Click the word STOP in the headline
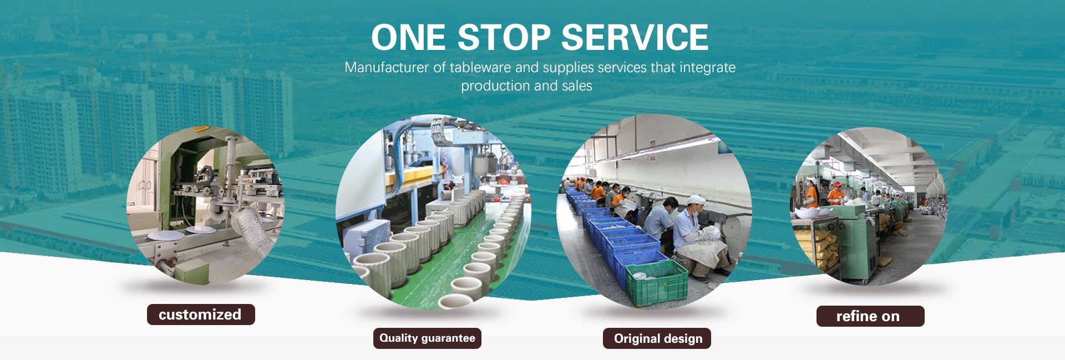tap(504, 37)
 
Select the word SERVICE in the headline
tap(635, 37)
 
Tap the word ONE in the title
tap(408, 37)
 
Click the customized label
tap(201, 315)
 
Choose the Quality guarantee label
tap(427, 338)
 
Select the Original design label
tap(657, 338)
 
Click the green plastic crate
tap(657, 282)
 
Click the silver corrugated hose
tap(250, 225)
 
